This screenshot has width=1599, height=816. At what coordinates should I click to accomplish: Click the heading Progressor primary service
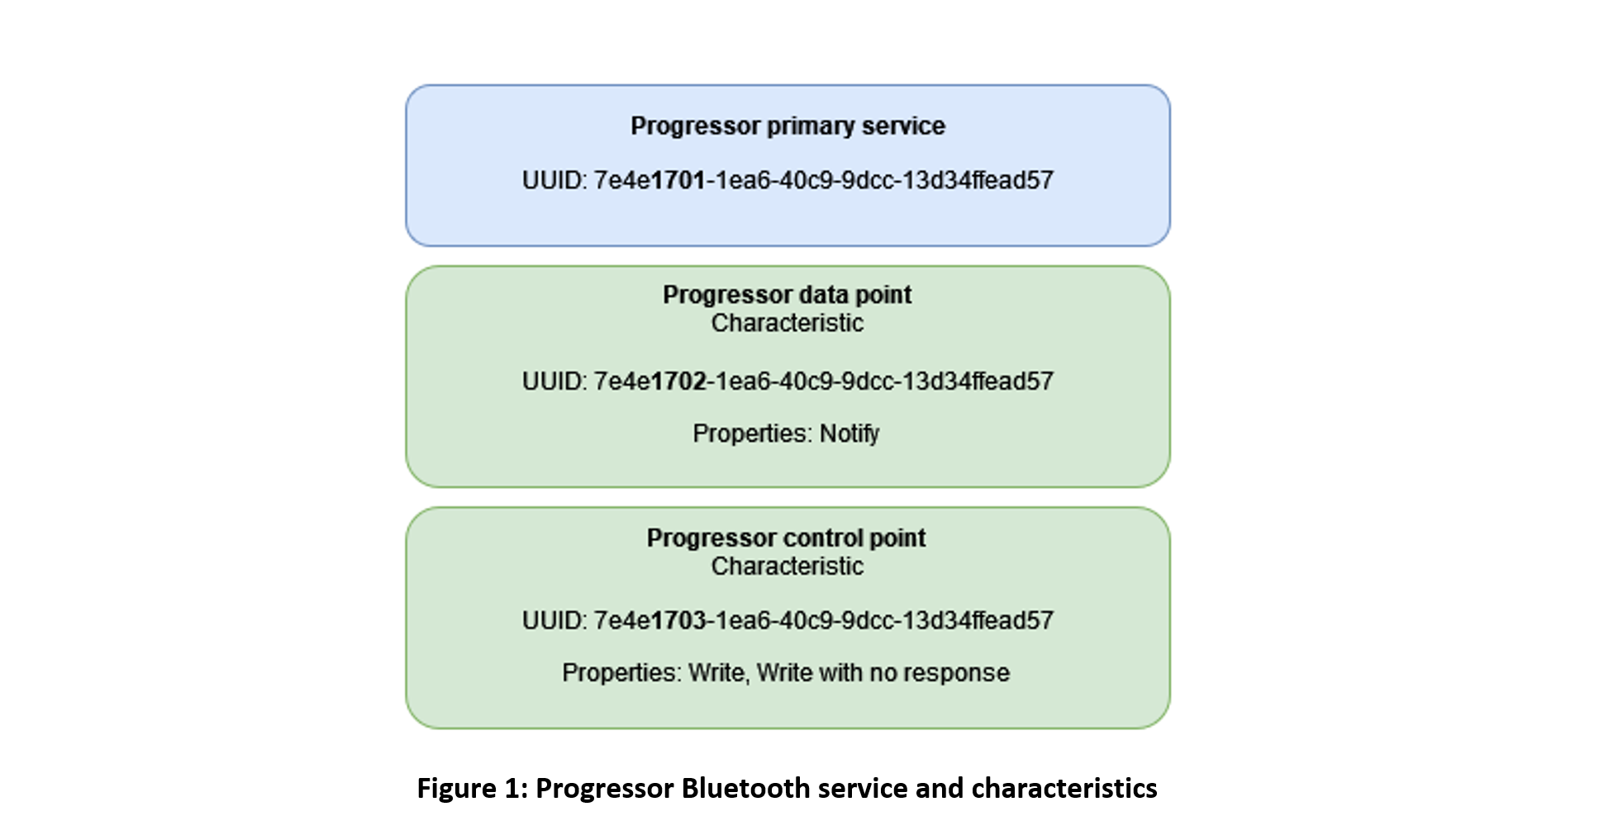788,126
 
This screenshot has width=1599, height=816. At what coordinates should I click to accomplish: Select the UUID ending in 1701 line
788,180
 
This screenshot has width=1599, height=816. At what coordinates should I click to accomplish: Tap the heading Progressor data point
787,295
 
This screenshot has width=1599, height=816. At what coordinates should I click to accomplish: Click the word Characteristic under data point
788,323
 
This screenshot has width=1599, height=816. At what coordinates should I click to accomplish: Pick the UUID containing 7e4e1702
788,381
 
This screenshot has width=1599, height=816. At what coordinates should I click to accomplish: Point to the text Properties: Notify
786,434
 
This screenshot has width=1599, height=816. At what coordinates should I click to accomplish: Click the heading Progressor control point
787,538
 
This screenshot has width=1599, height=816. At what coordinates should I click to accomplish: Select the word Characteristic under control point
788,567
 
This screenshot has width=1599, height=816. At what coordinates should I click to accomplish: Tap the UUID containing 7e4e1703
788,620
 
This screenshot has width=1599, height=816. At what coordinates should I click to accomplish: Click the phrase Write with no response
883,673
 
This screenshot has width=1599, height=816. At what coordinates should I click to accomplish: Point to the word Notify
849,434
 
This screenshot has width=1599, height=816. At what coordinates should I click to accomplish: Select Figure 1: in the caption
473,789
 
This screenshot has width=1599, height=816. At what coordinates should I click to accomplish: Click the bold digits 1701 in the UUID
678,180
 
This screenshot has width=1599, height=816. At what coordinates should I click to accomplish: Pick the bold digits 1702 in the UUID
678,381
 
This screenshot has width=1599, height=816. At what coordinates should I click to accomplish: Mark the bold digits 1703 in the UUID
678,620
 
